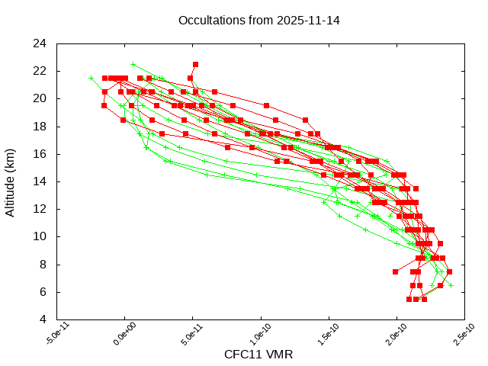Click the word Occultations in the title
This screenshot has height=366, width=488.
pyautogui.click(x=208, y=20)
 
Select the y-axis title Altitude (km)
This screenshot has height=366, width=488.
pyautogui.click(x=11, y=181)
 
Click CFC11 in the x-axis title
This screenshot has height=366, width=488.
pyautogui.click(x=241, y=355)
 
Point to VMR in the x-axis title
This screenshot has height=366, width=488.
pyautogui.click(x=278, y=355)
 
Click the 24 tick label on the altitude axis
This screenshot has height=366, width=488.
pyautogui.click(x=40, y=43)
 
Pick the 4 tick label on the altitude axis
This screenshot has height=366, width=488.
pyautogui.click(x=43, y=319)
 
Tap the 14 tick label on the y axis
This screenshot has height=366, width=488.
pyautogui.click(x=40, y=181)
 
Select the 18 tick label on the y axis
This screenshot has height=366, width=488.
pyautogui.click(x=40, y=126)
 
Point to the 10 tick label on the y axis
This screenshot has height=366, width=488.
pyautogui.click(x=40, y=236)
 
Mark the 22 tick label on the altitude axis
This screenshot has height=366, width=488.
pyautogui.click(x=40, y=71)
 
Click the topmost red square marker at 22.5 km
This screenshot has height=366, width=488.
pyautogui.click(x=195, y=64)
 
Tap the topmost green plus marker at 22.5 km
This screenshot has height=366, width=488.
pyautogui.click(x=133, y=64)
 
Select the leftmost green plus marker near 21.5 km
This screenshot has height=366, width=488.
pyautogui.click(x=91, y=78)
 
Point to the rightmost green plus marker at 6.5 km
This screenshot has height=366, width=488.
pyautogui.click(x=451, y=285)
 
